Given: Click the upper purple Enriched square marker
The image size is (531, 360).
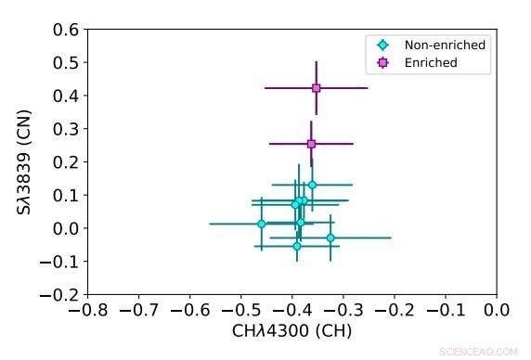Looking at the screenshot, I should click(317, 88).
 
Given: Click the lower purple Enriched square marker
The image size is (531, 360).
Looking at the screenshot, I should click(311, 144).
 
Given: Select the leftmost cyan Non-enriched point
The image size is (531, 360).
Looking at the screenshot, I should click(262, 224).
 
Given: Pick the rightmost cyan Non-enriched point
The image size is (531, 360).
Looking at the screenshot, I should click(330, 238).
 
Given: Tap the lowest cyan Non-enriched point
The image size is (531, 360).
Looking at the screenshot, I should click(297, 246).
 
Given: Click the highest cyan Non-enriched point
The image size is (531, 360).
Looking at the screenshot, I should click(312, 185).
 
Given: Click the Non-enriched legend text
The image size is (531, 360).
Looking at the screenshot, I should click(445, 45).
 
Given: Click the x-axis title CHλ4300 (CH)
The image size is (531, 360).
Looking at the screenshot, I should click(292, 330).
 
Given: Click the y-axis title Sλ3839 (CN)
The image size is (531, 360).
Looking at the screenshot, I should click(25, 162).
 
